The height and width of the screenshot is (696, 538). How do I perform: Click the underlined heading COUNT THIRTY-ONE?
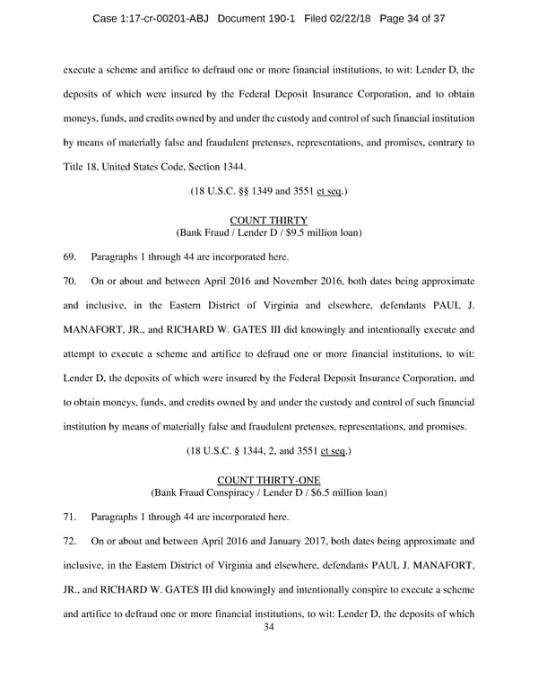[268, 480]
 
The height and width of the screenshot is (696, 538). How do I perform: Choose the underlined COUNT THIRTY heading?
[268, 220]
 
